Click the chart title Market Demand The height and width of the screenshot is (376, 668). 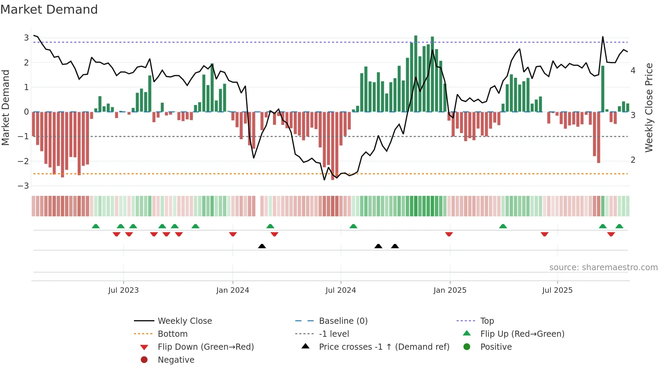(x=49, y=10)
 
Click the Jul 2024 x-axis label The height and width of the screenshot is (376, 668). (x=340, y=290)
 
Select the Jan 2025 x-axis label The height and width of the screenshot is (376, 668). (x=450, y=290)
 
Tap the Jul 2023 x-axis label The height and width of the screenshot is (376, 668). (x=123, y=290)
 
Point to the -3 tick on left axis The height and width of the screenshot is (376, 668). (x=23, y=186)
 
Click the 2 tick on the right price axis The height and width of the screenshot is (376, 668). (x=633, y=160)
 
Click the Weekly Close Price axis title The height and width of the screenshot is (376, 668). (x=649, y=107)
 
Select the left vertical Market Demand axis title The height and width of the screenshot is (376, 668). (x=5, y=107)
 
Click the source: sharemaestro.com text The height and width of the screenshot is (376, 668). (x=603, y=267)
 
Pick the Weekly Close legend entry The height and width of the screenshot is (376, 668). (x=184, y=321)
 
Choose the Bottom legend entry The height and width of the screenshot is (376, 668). (x=172, y=334)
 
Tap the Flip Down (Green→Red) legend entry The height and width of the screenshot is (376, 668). (x=206, y=347)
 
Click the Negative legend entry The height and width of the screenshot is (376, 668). (x=176, y=360)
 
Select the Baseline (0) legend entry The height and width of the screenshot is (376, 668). (x=343, y=321)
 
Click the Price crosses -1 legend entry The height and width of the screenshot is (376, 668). (x=384, y=347)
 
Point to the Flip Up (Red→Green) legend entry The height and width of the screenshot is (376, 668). (x=522, y=334)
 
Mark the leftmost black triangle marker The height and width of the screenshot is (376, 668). (x=262, y=246)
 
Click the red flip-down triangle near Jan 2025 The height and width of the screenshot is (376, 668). (x=449, y=234)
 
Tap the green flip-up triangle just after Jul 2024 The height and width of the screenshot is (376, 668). (x=353, y=226)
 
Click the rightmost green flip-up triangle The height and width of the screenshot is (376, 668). (x=619, y=226)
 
